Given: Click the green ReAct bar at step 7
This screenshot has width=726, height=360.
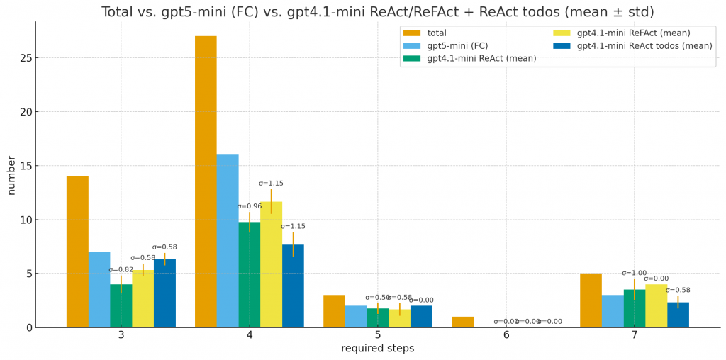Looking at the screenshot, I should tap(635, 308).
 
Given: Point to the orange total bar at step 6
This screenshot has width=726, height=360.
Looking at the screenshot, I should tap(462, 322).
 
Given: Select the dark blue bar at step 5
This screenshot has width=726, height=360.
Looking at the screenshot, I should tap(421, 316).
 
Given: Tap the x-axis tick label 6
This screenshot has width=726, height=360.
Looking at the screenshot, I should tap(506, 335).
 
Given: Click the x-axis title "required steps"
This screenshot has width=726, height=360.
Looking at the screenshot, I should tap(377, 349).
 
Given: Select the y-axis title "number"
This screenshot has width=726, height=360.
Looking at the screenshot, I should tap(11, 175).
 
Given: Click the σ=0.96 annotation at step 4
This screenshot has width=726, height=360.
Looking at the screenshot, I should tap(250, 206).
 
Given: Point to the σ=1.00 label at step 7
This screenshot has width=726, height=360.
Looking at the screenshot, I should tap(635, 273).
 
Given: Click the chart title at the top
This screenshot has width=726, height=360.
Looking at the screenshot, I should tap(377, 12).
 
